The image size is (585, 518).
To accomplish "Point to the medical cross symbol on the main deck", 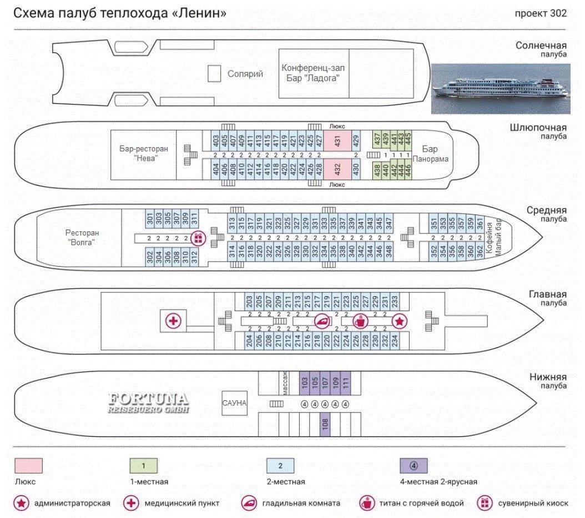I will click(x=173, y=321).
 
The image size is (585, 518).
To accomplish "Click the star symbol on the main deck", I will click(x=399, y=321).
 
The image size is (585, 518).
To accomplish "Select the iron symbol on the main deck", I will click(x=322, y=321).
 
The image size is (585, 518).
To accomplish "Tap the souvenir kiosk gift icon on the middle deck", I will click(x=198, y=238).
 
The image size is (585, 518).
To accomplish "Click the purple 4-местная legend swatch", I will click(x=413, y=465).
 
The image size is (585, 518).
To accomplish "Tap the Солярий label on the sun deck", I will click(x=245, y=73).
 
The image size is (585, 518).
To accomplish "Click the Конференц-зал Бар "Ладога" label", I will click(x=313, y=73).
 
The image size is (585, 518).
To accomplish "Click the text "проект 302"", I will click(x=541, y=13).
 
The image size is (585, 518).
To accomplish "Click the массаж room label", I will click(x=285, y=382).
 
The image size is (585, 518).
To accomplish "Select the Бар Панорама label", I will click(x=430, y=154).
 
